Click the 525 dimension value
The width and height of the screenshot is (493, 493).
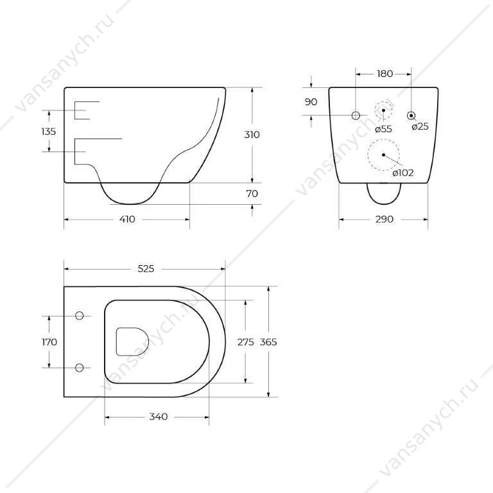pyautogui.click(x=146, y=269)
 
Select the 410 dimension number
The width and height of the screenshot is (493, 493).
pyautogui.click(x=127, y=219)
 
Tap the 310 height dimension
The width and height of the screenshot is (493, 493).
pyautogui.click(x=252, y=135)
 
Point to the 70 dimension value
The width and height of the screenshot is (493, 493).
pyautogui.click(x=252, y=194)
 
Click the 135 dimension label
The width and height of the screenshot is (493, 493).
pyautogui.click(x=48, y=132)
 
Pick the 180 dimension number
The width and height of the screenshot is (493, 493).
pyautogui.click(x=385, y=74)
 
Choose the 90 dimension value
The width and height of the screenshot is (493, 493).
pyautogui.click(x=311, y=102)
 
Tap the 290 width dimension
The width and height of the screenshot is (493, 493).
pyautogui.click(x=385, y=219)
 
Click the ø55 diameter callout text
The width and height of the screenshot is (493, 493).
pyautogui.click(x=384, y=129)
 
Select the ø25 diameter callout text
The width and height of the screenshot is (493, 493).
pyautogui.click(x=420, y=126)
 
